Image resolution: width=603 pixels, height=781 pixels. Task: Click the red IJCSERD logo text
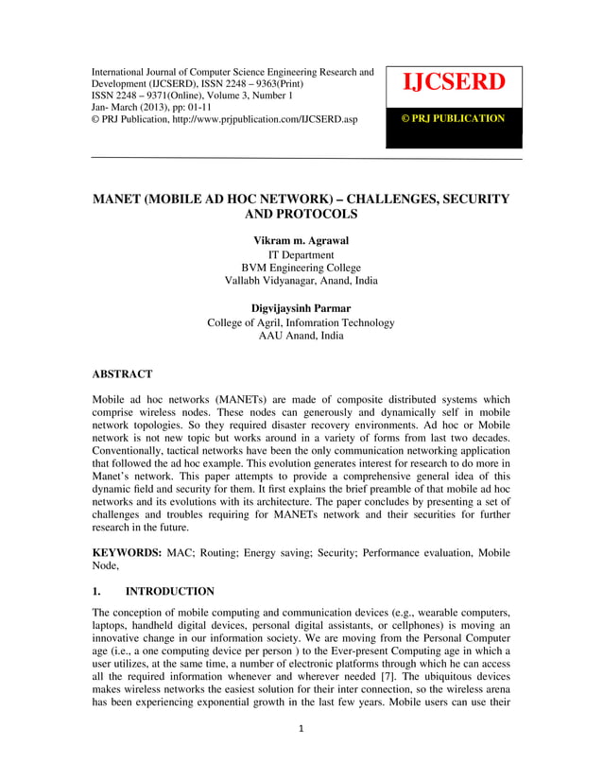pyautogui.click(x=454, y=82)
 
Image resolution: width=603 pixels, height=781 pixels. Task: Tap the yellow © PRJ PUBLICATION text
pyautogui.click(x=454, y=118)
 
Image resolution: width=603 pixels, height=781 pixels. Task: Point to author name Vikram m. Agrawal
pyautogui.click(x=301, y=242)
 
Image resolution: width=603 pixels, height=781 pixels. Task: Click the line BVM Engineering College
pyautogui.click(x=301, y=268)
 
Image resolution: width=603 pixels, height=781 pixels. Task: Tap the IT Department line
pyautogui.click(x=301, y=255)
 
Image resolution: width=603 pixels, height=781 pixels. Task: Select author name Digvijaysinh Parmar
pyautogui.click(x=301, y=309)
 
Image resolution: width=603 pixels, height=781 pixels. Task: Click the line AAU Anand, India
pyautogui.click(x=301, y=336)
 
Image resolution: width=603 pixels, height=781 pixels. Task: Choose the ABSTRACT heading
pyautogui.click(x=122, y=374)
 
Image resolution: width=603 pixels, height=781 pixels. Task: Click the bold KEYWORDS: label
pyautogui.click(x=124, y=552)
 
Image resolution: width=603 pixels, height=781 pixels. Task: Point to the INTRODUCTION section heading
pyautogui.click(x=169, y=592)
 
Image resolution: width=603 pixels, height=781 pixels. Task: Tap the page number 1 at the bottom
pyautogui.click(x=301, y=754)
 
